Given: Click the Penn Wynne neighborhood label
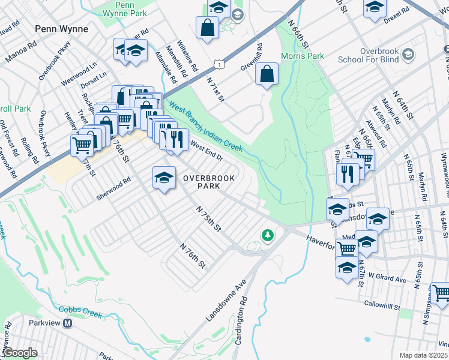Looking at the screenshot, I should [x=61, y=28].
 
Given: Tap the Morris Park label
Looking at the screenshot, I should [x=303, y=56].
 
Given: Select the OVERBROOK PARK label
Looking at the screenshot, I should [x=206, y=182].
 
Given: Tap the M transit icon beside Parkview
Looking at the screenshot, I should [x=68, y=323].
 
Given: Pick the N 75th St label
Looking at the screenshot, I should [x=209, y=219].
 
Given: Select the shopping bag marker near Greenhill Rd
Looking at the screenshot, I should [x=267, y=74].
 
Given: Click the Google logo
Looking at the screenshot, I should [x=20, y=353].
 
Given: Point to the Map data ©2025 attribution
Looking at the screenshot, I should [x=423, y=355].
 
